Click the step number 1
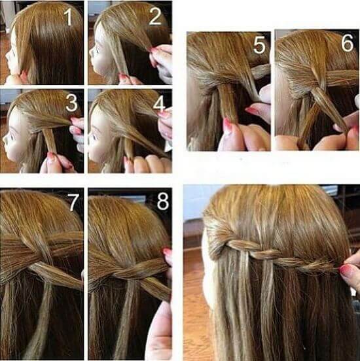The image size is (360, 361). pyautogui.click(x=69, y=17)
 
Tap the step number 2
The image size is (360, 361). pyautogui.click(x=155, y=16)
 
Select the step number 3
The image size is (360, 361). pyautogui.click(x=71, y=103)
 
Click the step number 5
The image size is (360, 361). pyautogui.click(x=260, y=45)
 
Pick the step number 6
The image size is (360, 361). pyautogui.click(x=347, y=43)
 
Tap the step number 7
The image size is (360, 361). pyautogui.click(x=73, y=202)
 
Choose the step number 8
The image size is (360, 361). pyautogui.click(x=163, y=201)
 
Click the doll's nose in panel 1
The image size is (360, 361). pyautogui.click(x=7, y=55)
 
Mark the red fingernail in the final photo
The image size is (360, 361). pyautogui.click(x=346, y=270)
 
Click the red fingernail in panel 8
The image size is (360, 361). pyautogui.click(x=168, y=253)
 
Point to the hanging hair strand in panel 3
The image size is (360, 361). pyautogui.click(x=50, y=141)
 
